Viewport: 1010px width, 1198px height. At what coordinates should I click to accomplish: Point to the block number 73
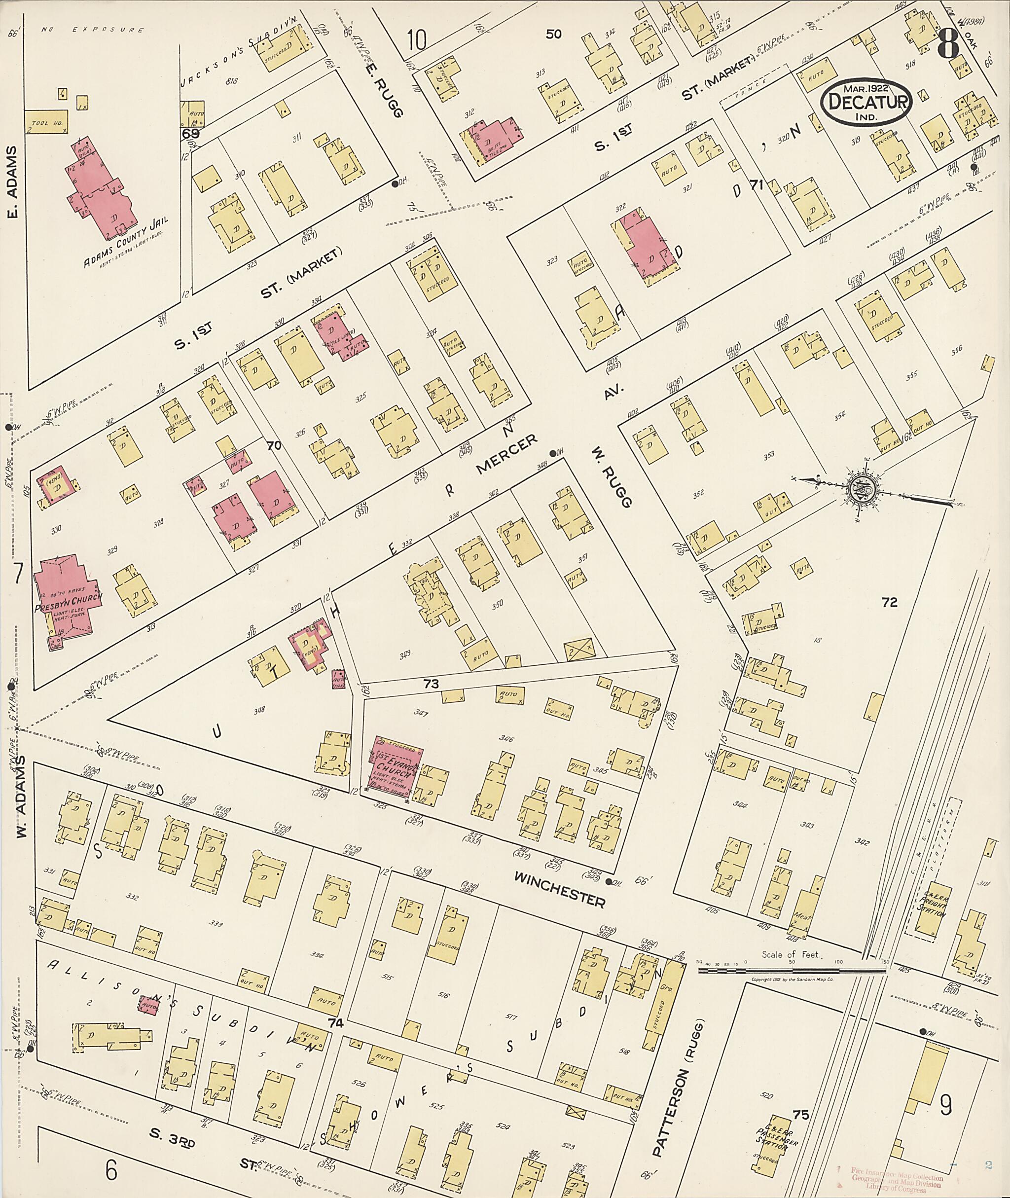click(431, 684)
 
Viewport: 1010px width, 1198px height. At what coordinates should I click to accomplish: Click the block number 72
click(889, 602)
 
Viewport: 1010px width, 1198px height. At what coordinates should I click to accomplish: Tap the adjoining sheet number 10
click(416, 40)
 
